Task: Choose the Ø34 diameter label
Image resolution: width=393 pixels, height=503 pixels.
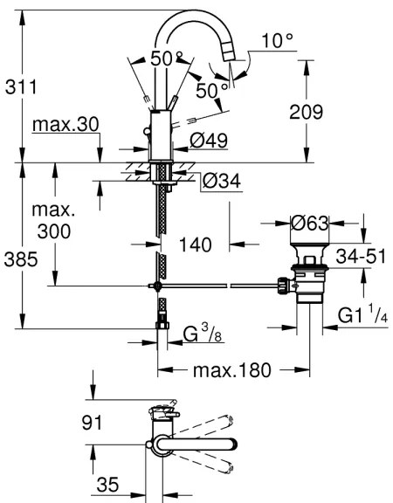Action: pyautogui.click(x=219, y=181)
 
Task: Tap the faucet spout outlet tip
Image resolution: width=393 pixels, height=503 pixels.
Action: pyautogui.click(x=230, y=54)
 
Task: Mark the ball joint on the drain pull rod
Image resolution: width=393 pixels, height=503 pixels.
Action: pyautogui.click(x=157, y=285)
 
